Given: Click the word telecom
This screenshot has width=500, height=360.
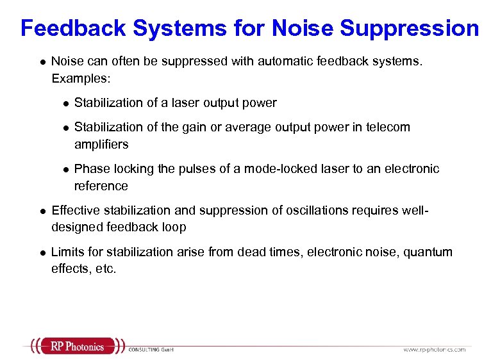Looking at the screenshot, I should (387, 127).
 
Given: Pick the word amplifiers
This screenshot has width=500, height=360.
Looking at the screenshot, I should (101, 144).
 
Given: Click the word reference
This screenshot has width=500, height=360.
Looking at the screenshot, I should (101, 186).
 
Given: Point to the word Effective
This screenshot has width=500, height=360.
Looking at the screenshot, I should (75, 210).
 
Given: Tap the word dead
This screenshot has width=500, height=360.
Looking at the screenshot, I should (253, 252).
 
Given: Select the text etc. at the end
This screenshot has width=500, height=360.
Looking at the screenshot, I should (106, 269).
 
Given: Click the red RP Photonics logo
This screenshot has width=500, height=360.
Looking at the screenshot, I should (77, 347).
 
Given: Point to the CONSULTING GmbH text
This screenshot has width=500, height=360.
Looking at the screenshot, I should (151, 350).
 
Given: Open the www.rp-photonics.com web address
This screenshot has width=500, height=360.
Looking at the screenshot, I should (434, 350).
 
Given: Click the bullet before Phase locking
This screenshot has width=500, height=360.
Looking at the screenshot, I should (64, 169).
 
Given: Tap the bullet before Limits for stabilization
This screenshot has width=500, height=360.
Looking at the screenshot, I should (40, 252).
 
